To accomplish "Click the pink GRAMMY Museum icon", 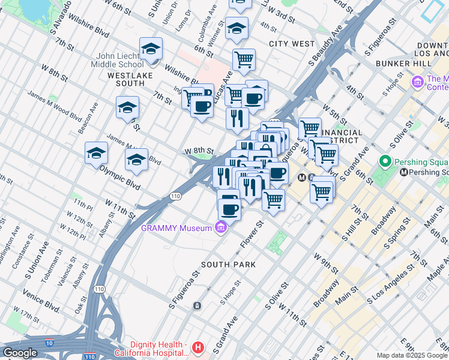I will coord(221,227).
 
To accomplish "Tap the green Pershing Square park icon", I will coord(385,161).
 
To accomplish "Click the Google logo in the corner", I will coord(20,353).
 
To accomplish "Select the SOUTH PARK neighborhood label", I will coord(228,265).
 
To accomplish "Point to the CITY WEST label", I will coord(292,44).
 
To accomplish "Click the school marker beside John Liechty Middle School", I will coord(151,49).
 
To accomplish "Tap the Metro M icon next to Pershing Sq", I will coord(404,172).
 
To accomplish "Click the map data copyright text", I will coord(411,355).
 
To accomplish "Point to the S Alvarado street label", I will coord(66,12).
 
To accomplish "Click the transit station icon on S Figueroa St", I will coord(197,306).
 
